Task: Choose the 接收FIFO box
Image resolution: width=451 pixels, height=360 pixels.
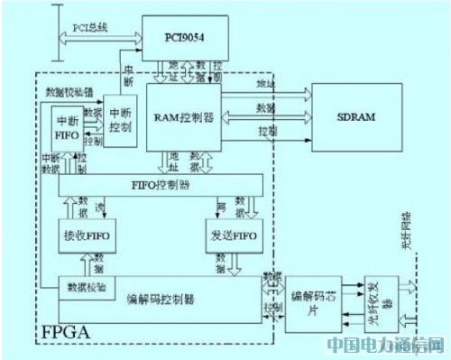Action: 87,235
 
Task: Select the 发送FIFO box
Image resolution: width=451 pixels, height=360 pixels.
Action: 232,235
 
